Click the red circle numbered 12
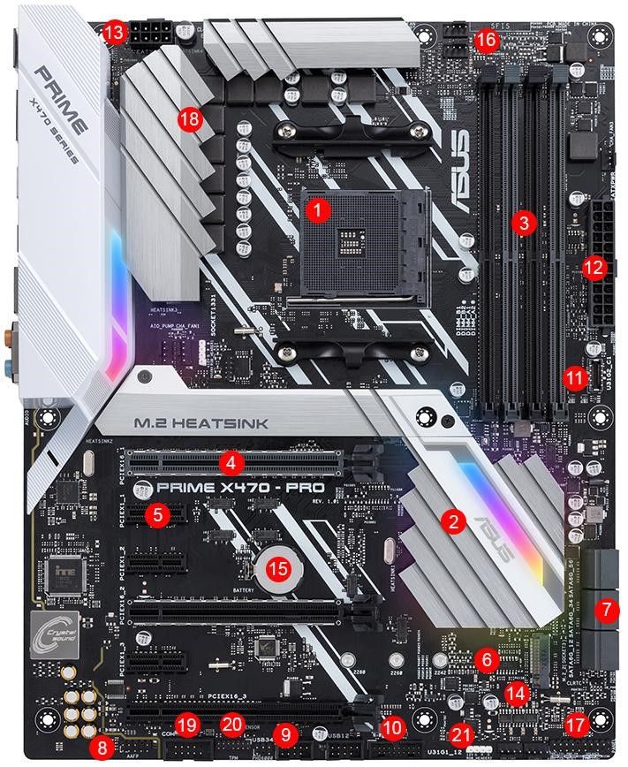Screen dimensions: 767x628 pos(594,265)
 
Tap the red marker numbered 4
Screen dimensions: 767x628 pos(231,461)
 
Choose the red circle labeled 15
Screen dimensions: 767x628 pos(278,568)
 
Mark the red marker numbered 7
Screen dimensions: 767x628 pos(606,608)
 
